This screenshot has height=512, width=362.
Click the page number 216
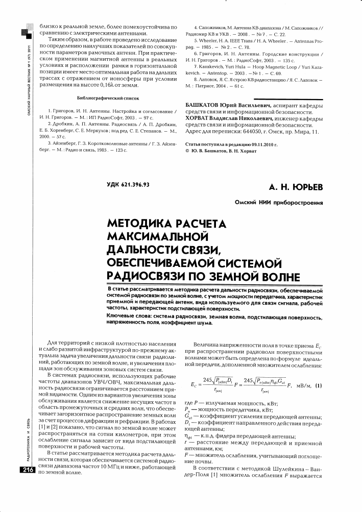click(26, 471)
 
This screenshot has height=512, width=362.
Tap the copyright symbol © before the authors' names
click(187, 152)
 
